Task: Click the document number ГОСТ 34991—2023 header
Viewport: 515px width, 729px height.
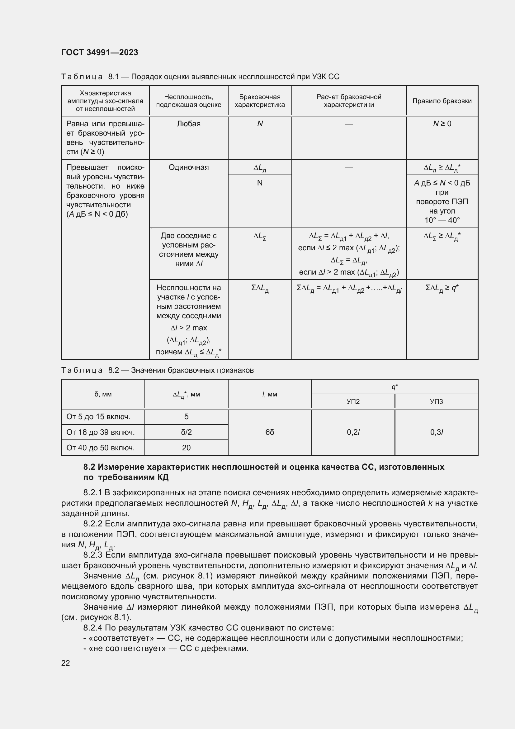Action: click(x=100, y=53)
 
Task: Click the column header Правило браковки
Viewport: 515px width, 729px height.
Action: click(x=442, y=101)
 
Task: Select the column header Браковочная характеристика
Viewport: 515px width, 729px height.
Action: click(x=259, y=101)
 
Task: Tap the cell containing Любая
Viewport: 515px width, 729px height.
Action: click(x=188, y=124)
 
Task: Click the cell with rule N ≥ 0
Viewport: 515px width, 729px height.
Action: click(x=442, y=124)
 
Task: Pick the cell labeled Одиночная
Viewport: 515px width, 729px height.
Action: click(x=188, y=168)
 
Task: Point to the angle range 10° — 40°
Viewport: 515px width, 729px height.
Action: click(x=442, y=220)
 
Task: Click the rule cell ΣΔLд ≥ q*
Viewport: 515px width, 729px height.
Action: click(x=442, y=288)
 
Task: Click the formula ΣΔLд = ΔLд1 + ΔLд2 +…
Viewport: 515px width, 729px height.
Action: click(x=349, y=288)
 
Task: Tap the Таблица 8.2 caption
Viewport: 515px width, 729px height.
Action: click(x=157, y=370)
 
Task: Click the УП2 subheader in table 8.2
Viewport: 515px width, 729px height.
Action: click(x=353, y=402)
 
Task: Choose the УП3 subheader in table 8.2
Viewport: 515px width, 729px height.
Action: click(x=436, y=402)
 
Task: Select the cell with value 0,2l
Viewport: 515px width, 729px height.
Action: click(x=353, y=432)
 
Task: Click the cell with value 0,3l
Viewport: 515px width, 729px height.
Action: click(x=436, y=432)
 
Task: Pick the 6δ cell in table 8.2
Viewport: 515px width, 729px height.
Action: click(x=270, y=432)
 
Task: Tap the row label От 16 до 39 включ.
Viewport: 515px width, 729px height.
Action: click(x=101, y=432)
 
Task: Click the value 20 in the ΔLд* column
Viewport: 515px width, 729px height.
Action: click(x=186, y=448)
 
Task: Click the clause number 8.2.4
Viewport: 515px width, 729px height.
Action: click(x=93, y=628)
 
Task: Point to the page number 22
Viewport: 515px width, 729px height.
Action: click(x=66, y=663)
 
